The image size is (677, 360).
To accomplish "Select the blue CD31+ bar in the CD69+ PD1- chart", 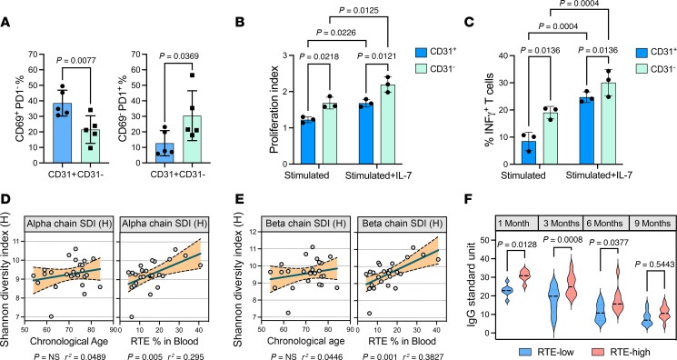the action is point(63,133).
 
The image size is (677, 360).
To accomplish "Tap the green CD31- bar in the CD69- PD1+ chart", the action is point(192,140).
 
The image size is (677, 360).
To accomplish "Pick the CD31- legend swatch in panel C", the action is point(642,69).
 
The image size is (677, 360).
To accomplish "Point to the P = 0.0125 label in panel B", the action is point(359,11).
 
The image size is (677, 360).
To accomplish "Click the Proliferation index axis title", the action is point(274,109).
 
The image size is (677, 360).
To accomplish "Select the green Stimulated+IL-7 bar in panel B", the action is point(388,125).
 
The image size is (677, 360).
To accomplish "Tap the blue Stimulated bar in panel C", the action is point(529,153).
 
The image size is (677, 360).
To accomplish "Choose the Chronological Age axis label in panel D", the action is point(69,342).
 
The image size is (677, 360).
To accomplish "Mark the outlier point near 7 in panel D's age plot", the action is point(51,316).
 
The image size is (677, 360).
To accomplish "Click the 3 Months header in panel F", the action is point(561,224).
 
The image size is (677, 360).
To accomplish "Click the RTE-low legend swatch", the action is point(525,351).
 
